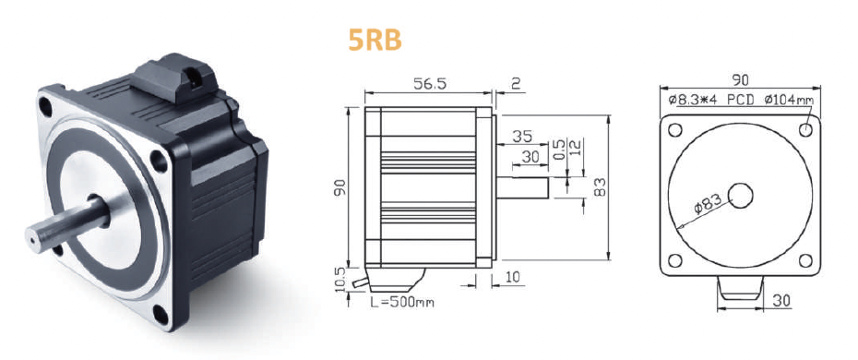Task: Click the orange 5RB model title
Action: pos(375,40)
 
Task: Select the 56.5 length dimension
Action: pos(430,83)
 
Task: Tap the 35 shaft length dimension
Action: pos(522,136)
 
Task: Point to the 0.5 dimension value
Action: pos(558,149)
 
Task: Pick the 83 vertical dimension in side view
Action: pos(601,187)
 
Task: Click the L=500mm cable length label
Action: pos(402,302)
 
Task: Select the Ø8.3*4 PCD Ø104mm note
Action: pos(740,100)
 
